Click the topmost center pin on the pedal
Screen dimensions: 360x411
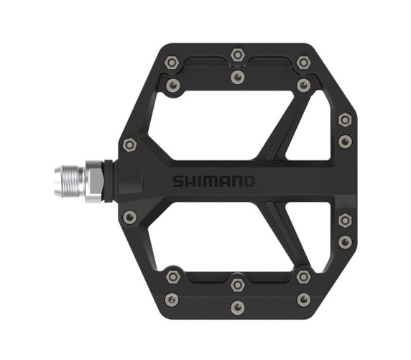point(238,54)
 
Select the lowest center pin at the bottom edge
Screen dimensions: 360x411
point(238,308)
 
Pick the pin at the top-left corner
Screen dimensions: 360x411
point(172,63)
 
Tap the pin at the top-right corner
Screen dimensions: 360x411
point(304,63)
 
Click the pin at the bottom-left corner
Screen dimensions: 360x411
point(172,299)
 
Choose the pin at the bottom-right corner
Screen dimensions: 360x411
point(304,299)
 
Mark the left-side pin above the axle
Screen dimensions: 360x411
point(129,144)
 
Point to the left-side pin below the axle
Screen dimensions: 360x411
point(129,216)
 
